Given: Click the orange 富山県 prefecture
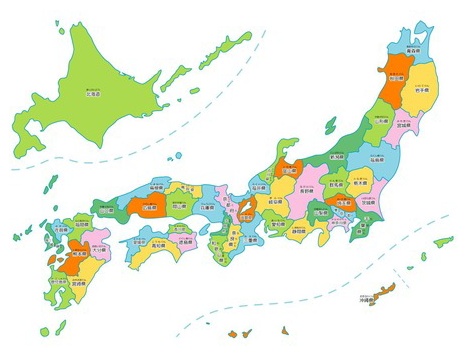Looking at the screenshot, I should (290, 171).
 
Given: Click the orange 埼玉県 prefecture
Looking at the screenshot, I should (345, 204).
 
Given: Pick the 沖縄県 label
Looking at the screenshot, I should (364, 300).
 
